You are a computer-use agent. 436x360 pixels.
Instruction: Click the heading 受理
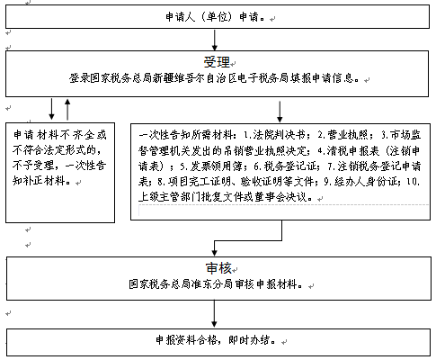217,62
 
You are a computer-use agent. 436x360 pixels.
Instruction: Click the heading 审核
218,268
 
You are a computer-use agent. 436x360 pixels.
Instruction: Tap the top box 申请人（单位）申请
218,16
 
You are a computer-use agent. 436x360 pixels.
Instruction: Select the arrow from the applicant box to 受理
215,40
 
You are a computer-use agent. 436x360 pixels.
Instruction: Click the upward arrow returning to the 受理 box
67,110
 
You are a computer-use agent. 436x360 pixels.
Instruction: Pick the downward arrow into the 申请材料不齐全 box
51,109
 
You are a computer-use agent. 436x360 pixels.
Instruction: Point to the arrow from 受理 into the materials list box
280,112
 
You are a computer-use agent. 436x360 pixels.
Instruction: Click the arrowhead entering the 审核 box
214,253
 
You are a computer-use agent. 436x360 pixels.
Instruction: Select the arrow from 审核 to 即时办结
214,313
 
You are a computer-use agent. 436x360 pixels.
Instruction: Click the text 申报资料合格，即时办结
215,340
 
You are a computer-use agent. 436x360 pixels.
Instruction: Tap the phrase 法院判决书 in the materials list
279,135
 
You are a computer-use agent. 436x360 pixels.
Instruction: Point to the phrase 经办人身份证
366,181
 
